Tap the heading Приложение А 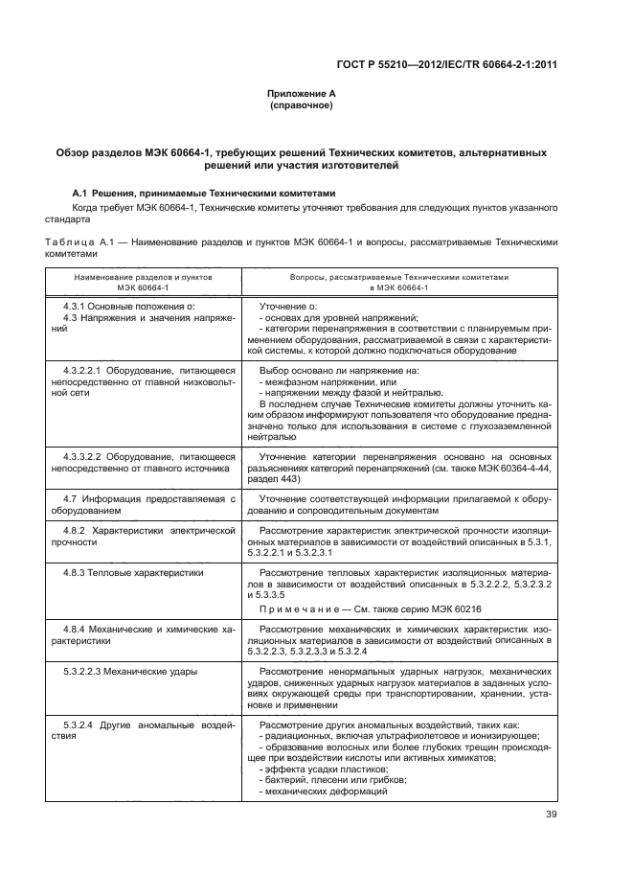[x=302, y=93]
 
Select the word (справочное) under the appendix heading [x=302, y=104]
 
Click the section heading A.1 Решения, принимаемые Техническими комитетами [x=206, y=191]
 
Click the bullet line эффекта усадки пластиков [x=323, y=770]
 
